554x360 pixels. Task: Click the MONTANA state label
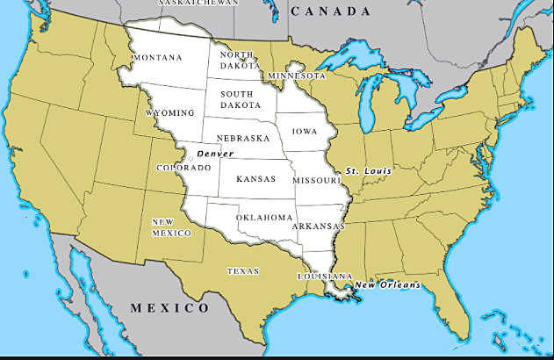pos(157,58)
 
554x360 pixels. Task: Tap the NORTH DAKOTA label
pos(240,60)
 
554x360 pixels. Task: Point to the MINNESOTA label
pos(298,76)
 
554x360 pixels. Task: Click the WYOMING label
pos(169,113)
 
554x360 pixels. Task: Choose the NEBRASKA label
pos(243,139)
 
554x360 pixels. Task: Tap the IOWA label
pos(305,131)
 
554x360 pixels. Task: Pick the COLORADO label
pos(183,168)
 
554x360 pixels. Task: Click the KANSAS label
pos(255,178)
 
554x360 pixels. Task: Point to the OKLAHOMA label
pos(263,217)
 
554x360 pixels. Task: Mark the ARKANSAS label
pos(319,226)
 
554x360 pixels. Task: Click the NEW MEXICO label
pos(171,227)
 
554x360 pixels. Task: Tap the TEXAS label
pos(243,271)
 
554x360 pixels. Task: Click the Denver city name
pos(215,154)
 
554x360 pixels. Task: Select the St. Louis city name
pos(368,169)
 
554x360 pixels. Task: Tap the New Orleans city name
pos(388,285)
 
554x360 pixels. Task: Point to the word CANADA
pos(331,11)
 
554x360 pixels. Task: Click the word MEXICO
pos(169,308)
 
